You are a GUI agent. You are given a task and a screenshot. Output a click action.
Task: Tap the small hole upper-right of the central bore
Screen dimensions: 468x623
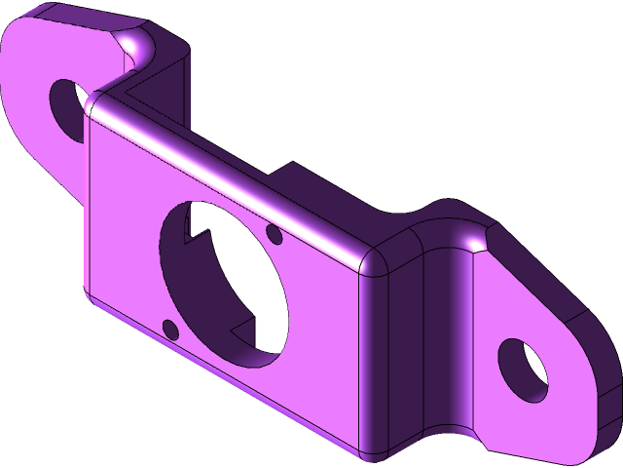point(274,235)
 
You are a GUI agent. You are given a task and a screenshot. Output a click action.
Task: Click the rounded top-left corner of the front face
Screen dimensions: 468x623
point(95,103)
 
